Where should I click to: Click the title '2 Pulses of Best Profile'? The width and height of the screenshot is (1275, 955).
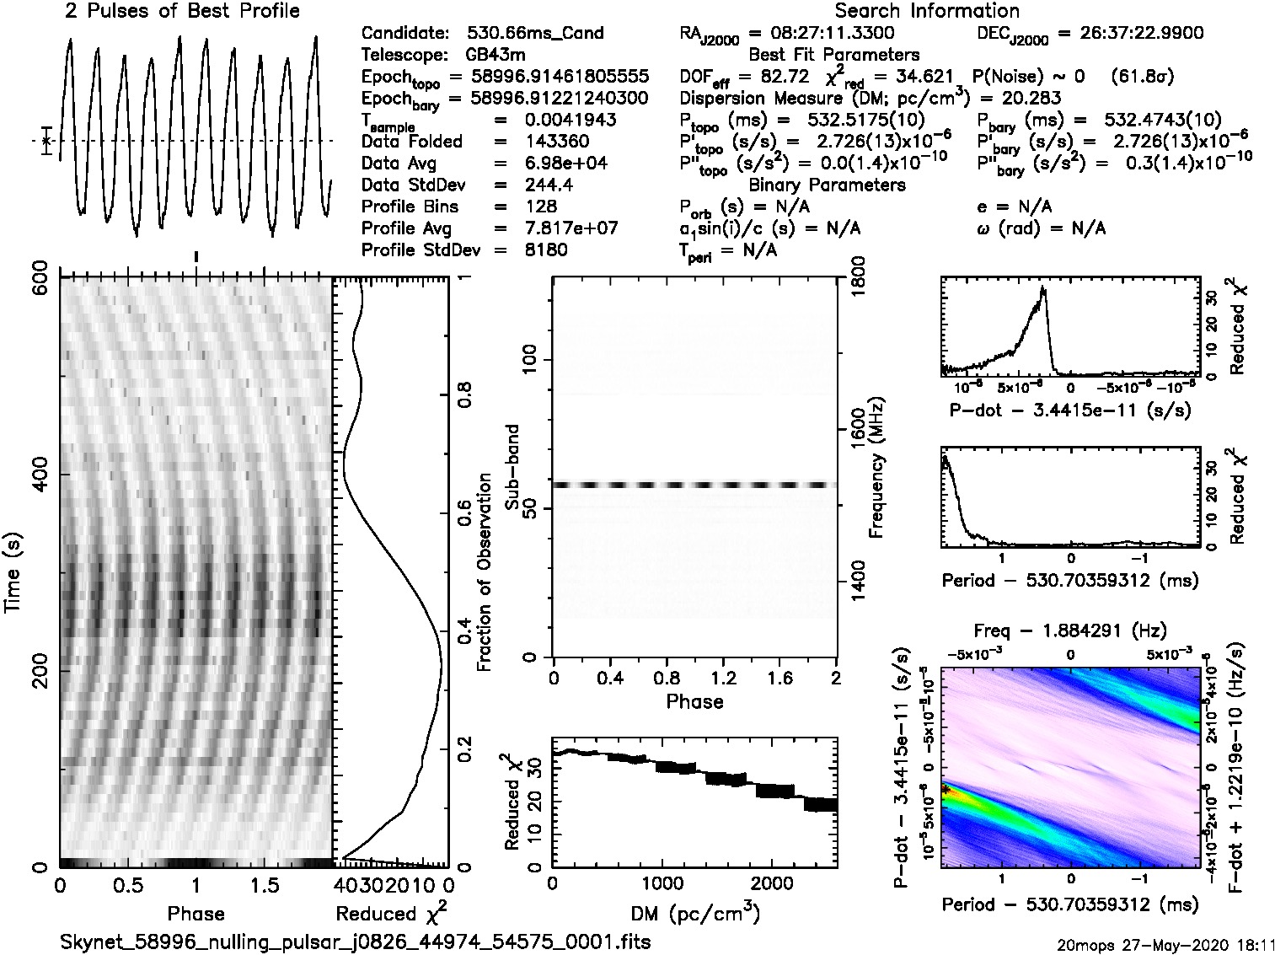pyautogui.click(x=182, y=11)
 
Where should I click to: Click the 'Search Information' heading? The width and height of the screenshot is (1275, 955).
pyautogui.click(x=927, y=11)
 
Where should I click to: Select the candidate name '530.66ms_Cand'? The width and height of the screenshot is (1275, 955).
pyautogui.click(x=535, y=33)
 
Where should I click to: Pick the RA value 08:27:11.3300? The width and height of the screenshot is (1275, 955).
pyautogui.click(x=822, y=33)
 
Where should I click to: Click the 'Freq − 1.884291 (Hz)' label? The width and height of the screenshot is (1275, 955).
pyautogui.click(x=1070, y=630)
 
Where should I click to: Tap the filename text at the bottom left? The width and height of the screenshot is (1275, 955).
pyautogui.click(x=355, y=942)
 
